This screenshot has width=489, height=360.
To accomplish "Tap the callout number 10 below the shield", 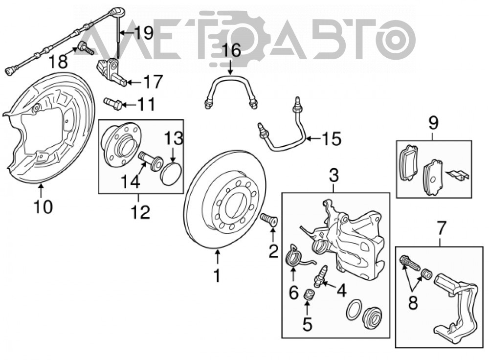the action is click(x=44, y=206).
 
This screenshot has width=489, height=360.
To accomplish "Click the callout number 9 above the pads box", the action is click(x=433, y=123).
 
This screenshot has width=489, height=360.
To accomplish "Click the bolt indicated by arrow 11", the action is click(x=112, y=104).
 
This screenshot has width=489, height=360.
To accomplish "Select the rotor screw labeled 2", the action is click(x=268, y=220).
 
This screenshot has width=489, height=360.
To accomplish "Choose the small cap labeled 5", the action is click(x=309, y=295).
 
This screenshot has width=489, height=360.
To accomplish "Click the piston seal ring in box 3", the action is click(x=354, y=310).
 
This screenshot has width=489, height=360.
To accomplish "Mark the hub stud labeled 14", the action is click(x=150, y=160).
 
